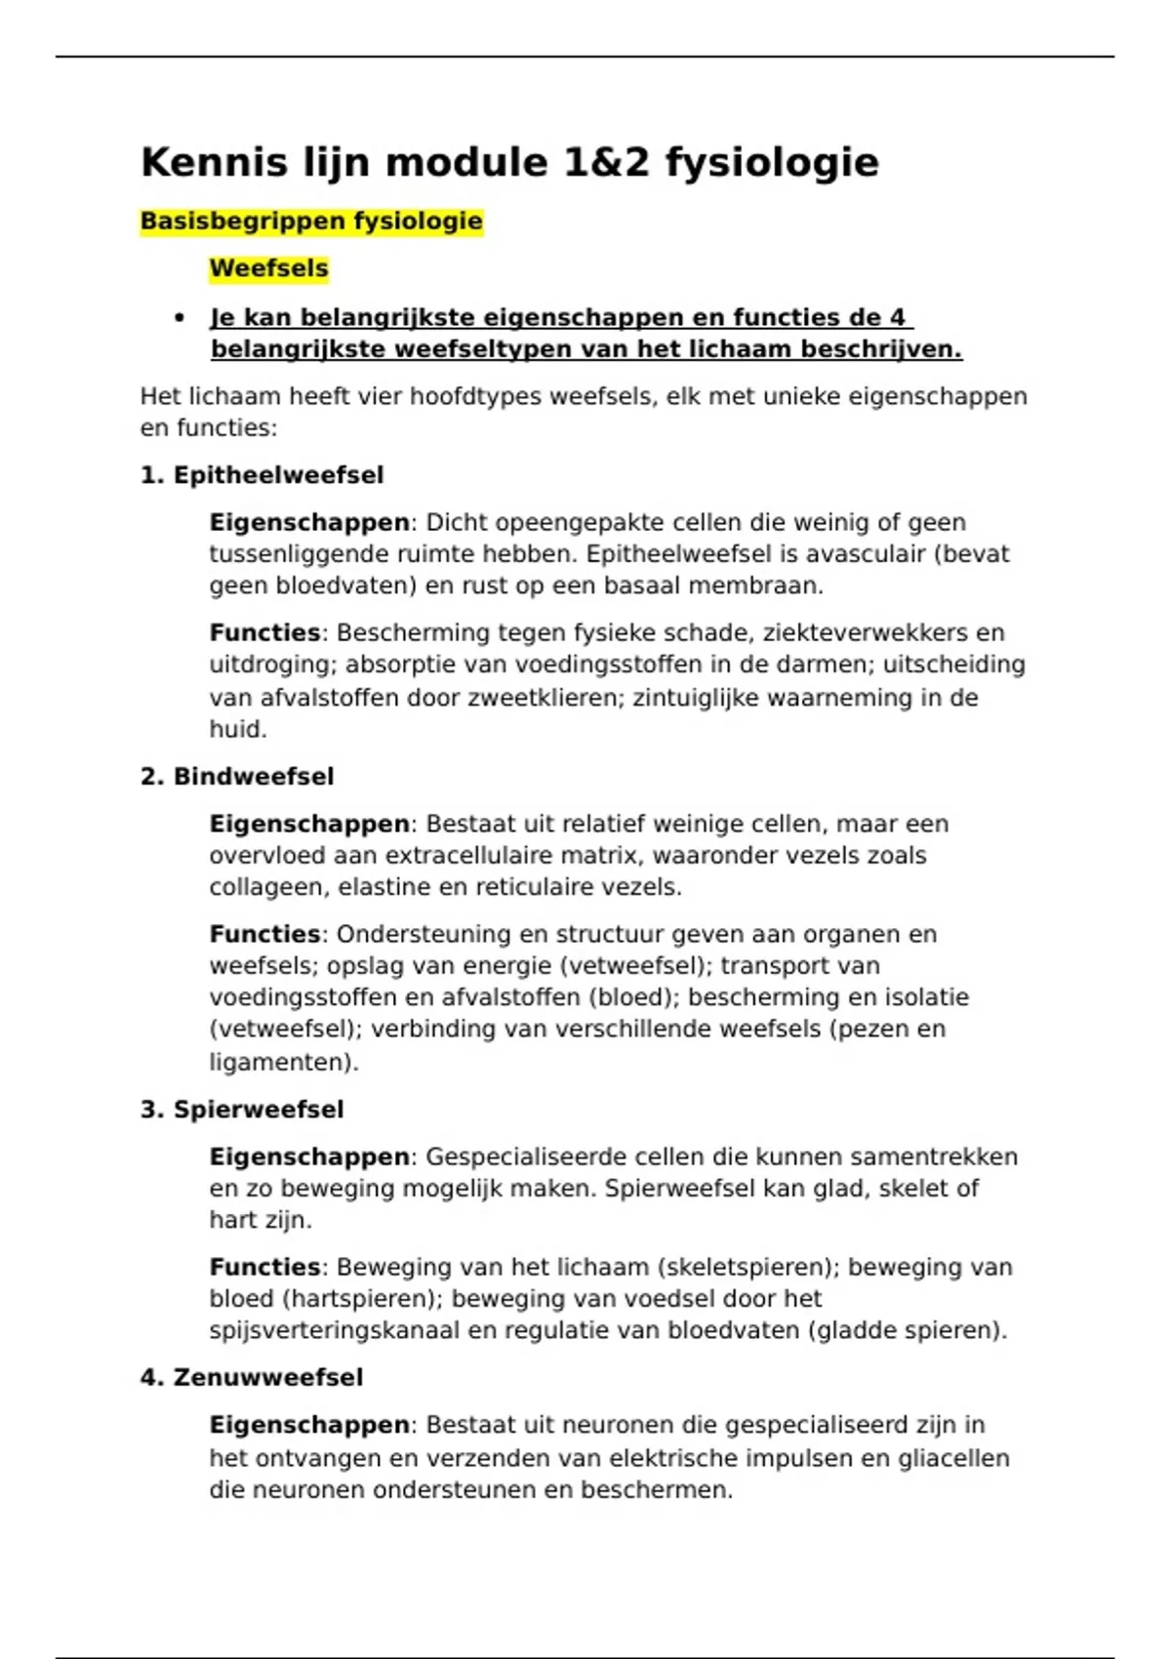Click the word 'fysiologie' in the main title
[772, 163]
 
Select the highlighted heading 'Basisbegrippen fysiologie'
[311, 222]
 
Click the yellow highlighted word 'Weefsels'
[269, 268]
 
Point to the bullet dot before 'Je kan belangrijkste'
[179, 318]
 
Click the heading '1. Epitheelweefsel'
[262, 475]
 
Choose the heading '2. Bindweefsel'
[237, 777]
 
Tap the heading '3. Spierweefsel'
[242, 1110]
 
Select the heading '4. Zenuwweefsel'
[252, 1378]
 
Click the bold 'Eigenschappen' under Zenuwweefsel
[309, 1426]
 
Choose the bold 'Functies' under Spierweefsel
[264, 1268]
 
